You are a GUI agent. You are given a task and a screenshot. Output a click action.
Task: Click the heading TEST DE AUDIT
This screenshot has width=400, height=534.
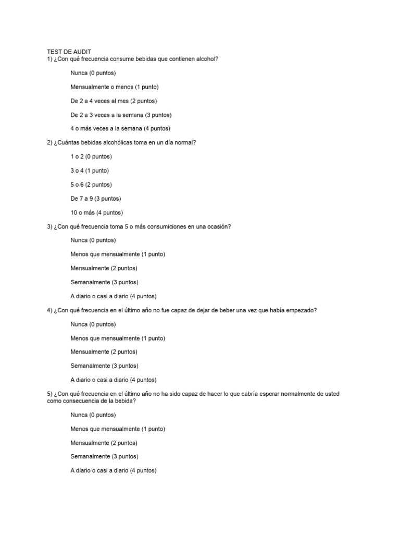point(69,52)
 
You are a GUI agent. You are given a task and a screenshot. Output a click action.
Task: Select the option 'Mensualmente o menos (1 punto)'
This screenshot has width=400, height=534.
point(115,87)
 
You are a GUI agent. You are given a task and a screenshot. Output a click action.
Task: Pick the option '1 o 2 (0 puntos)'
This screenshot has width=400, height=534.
point(91,156)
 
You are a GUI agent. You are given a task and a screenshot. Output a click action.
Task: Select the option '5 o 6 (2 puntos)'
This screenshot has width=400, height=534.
point(91,185)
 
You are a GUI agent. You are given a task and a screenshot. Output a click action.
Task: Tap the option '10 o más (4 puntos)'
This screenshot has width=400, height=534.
point(97,213)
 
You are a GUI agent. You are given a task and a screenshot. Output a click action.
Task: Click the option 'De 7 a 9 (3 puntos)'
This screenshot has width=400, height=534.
point(96,199)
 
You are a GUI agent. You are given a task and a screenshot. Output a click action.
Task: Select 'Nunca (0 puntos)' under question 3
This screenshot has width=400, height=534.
point(93,240)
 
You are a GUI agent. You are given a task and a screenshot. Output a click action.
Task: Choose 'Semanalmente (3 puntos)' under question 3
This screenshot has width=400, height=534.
point(104,282)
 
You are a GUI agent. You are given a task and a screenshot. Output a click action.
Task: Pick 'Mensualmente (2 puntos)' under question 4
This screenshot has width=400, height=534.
point(104,352)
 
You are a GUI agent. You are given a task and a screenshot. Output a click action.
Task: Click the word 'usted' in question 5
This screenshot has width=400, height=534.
point(331,394)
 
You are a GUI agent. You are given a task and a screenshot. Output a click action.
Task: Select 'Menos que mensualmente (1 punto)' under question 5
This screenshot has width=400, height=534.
point(118,429)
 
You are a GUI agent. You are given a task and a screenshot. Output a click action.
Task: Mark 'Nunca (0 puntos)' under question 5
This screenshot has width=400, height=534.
point(93,415)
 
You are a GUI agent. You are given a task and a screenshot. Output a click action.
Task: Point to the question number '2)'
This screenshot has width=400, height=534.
point(50,142)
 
